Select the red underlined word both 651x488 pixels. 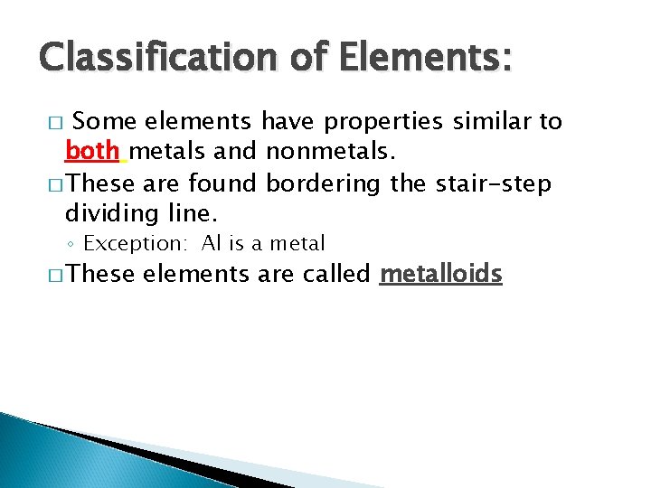[92, 152]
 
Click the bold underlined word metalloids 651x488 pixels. [440, 274]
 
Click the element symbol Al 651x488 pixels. [211, 243]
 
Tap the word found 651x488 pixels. [226, 183]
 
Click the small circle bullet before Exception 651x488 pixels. [72, 244]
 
